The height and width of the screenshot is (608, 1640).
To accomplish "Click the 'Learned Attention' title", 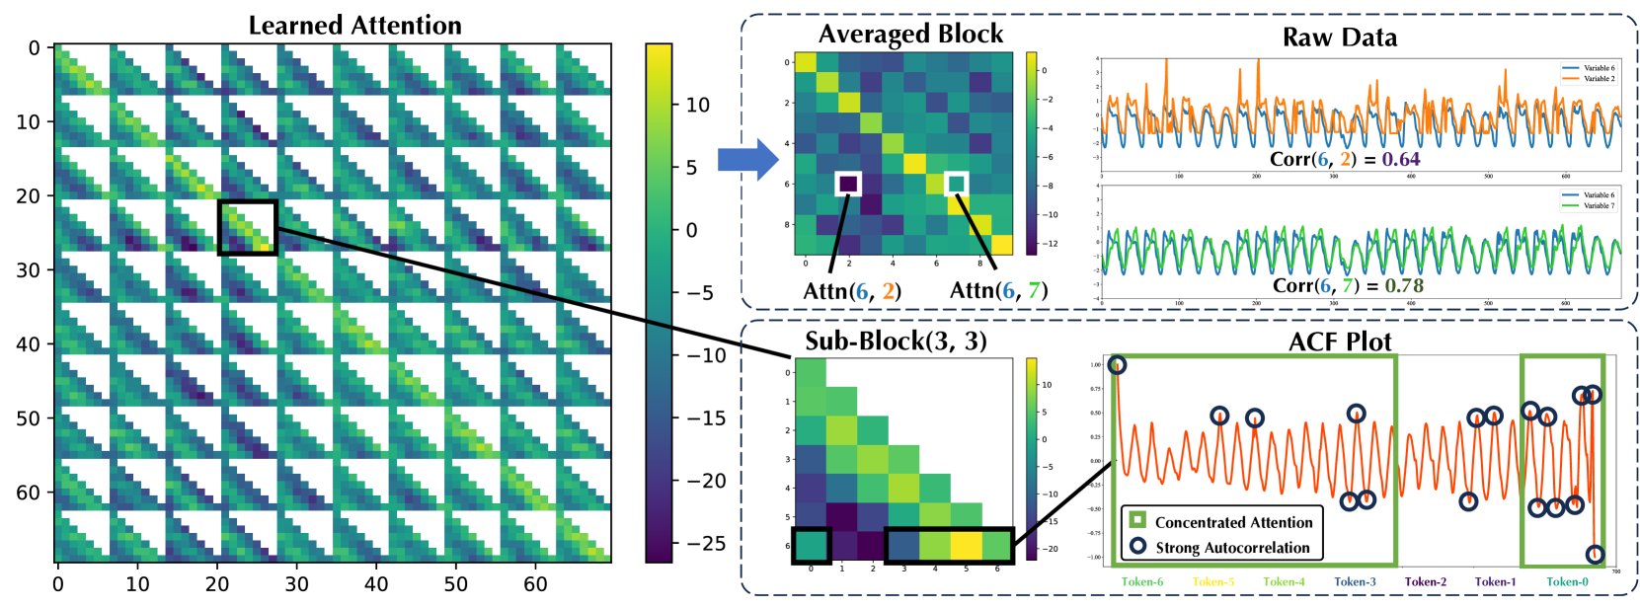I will click(354, 25).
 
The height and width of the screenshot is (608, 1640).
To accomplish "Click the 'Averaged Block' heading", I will click(910, 35).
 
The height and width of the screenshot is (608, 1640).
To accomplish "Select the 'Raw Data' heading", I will click(1339, 38).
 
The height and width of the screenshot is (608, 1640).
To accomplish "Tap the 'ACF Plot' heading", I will click(1340, 342).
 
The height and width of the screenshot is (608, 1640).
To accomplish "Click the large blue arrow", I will click(747, 159).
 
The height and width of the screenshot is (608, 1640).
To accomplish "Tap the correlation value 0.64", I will click(1401, 159).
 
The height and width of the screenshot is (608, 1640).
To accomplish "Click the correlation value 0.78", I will click(1404, 285).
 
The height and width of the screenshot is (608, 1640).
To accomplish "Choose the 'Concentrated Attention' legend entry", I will click(1233, 522).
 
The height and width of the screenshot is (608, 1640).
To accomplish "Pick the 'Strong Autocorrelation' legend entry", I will click(1232, 548).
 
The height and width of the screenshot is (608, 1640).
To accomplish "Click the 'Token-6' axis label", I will click(1141, 581).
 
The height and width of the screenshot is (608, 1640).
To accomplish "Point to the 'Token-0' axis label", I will click(1567, 581).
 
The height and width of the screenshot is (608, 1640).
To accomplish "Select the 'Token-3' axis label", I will click(1355, 581).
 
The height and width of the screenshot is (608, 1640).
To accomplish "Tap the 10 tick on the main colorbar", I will click(698, 105).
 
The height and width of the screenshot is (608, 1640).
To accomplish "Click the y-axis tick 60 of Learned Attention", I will click(29, 493).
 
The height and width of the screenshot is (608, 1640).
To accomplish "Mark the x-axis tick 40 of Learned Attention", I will click(376, 584).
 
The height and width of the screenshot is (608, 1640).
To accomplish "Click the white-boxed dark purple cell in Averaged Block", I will click(848, 184).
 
